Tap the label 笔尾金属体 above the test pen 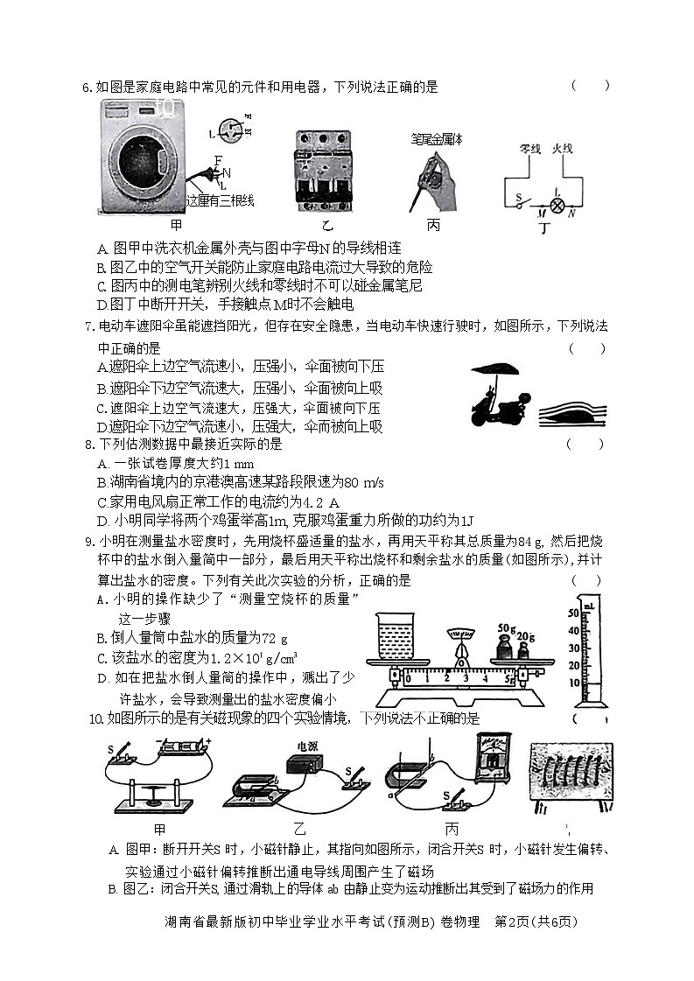pyautogui.click(x=437, y=139)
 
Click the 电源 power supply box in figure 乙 pyautogui.click(x=309, y=759)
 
